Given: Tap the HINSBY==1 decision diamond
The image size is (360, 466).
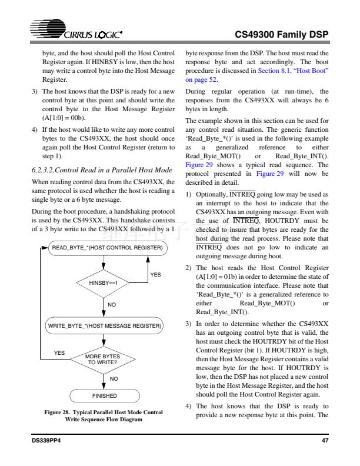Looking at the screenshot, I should [x=104, y=282].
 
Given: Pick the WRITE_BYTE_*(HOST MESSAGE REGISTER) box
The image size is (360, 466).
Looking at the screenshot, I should [x=106, y=324].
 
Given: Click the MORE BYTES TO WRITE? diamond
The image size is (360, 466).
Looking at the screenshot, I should [x=104, y=359].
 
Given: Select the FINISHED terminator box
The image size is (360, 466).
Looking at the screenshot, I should [x=104, y=396].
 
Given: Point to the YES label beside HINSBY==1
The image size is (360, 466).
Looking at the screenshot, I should [x=155, y=274].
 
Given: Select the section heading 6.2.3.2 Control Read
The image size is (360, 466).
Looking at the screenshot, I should [x=101, y=169].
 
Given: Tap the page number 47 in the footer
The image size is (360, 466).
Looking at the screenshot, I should [x=324, y=441].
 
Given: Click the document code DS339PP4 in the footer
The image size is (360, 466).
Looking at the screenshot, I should [x=47, y=441].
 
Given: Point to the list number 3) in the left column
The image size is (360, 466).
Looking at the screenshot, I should [x=34, y=91].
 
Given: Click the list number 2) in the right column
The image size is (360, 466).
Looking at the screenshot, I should [x=188, y=268].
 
